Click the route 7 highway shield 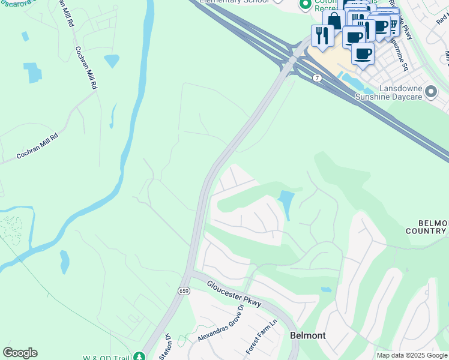click(316, 79)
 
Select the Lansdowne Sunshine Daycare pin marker click(431, 92)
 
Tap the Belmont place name click(308, 335)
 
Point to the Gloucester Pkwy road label click(235, 293)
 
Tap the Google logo click(20, 353)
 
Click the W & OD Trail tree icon click(139, 356)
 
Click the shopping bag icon click(334, 21)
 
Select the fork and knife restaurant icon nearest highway click(322, 36)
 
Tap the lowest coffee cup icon click(363, 53)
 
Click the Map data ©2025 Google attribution click(412, 355)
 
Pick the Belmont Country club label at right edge click(427, 226)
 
